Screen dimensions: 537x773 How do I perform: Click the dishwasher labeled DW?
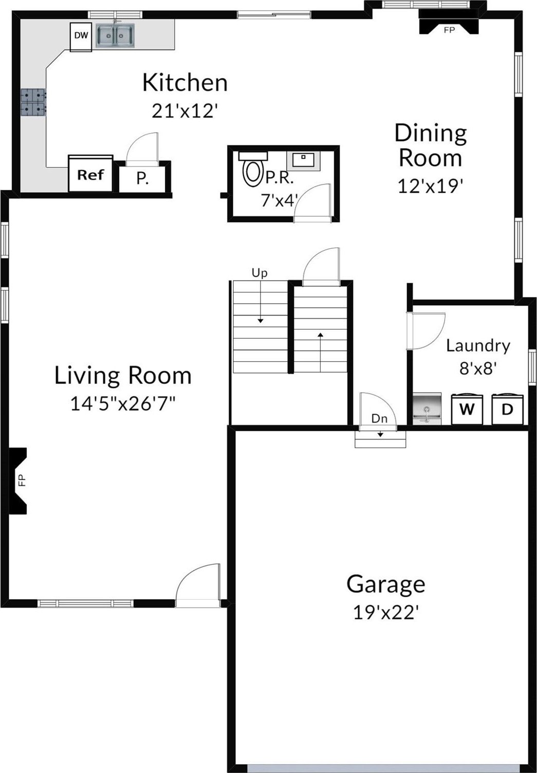(x=81, y=37)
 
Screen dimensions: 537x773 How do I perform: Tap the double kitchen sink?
(x=115, y=35)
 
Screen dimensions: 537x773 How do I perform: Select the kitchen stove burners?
(x=33, y=102)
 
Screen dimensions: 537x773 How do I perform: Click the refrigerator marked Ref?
(x=90, y=174)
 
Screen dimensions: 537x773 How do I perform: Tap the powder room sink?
(x=304, y=160)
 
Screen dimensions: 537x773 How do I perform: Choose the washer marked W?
(x=467, y=409)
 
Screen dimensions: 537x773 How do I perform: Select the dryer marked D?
(x=507, y=409)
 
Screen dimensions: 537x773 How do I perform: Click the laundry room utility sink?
(x=427, y=408)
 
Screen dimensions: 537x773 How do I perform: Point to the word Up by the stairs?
(x=260, y=273)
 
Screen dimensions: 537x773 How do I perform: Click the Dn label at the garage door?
(x=379, y=418)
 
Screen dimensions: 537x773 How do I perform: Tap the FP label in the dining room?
(x=449, y=30)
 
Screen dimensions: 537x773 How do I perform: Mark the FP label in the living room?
(x=22, y=480)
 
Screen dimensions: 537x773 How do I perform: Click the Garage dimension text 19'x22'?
(x=386, y=613)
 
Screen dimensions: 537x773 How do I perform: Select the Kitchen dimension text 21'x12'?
(x=184, y=111)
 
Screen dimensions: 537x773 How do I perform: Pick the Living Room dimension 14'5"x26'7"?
(x=123, y=403)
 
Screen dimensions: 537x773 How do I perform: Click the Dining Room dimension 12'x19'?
(x=430, y=186)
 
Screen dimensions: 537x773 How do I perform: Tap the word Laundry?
(x=478, y=346)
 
